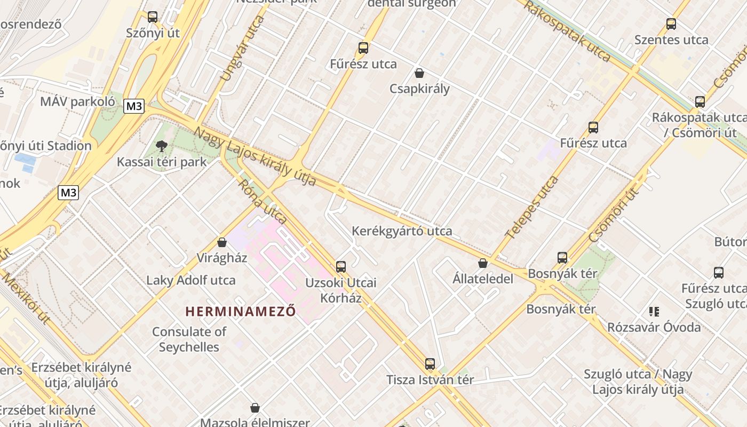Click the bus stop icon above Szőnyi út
[x=153, y=17]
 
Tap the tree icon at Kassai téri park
[x=161, y=146]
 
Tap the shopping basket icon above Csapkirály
[x=419, y=73]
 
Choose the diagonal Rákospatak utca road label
[x=567, y=31]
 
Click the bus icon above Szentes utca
[x=671, y=24]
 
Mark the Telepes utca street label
[x=532, y=207]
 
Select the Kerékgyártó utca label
[x=402, y=231]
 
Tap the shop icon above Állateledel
[x=483, y=263]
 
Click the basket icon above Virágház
[x=222, y=243]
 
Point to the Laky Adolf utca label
[x=190, y=280]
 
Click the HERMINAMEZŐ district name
[x=240, y=311]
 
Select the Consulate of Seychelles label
[x=189, y=339]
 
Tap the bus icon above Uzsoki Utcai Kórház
[x=341, y=267]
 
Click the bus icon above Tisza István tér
[x=430, y=365]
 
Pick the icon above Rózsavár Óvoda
[x=654, y=311]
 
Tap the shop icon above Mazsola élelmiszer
[x=255, y=408]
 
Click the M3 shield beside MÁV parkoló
[x=134, y=106]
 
